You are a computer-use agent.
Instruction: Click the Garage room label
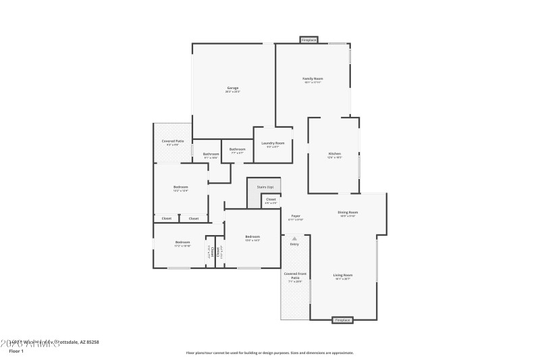click(x=233, y=88)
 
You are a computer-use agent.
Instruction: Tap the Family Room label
click(x=312, y=79)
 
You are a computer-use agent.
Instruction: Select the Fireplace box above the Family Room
click(x=309, y=41)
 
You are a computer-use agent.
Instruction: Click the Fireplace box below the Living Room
click(x=342, y=319)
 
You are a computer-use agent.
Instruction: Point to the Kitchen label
click(x=335, y=155)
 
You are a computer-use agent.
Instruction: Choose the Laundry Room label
click(x=273, y=143)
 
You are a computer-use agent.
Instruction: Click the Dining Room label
click(x=348, y=213)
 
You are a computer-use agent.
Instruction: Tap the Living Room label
click(x=343, y=275)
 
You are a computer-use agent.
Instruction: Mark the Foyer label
click(x=296, y=216)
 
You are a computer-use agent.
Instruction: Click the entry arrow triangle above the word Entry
click(x=294, y=238)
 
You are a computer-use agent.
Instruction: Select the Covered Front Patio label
click(x=295, y=276)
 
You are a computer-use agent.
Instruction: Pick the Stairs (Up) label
click(x=265, y=186)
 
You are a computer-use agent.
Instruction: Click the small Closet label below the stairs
click(x=271, y=199)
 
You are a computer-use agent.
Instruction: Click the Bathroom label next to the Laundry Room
click(x=237, y=149)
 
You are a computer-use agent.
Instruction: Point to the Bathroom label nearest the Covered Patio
click(x=211, y=154)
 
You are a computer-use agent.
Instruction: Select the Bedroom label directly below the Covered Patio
click(x=180, y=187)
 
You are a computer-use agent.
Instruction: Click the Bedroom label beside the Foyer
click(x=252, y=236)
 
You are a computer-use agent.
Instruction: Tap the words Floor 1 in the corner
click(x=16, y=351)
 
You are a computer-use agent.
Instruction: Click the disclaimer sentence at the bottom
click(x=269, y=352)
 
